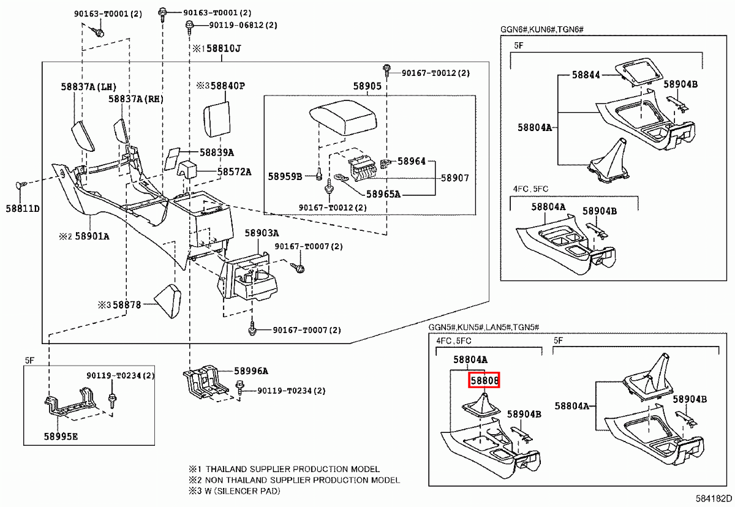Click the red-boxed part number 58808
(x=484, y=380)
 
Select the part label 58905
(x=367, y=86)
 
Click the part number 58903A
(x=262, y=233)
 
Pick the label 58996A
(x=251, y=371)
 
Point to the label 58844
(x=586, y=75)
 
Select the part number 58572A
(x=234, y=172)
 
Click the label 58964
(x=411, y=162)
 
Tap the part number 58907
(x=454, y=178)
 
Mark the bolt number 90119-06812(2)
(x=243, y=25)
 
